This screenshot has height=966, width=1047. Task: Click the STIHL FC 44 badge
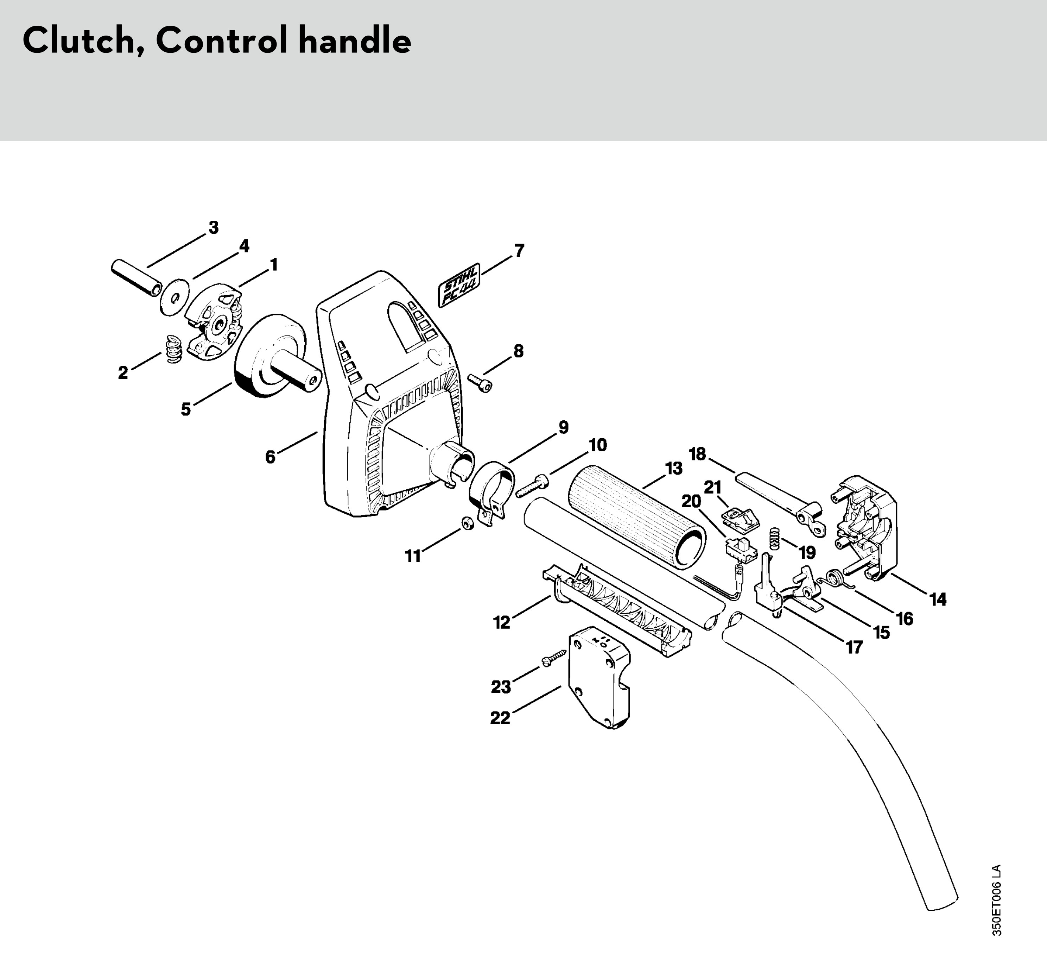tap(459, 287)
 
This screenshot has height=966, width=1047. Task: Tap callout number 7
tap(519, 251)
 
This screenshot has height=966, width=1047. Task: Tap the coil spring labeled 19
tap(776, 539)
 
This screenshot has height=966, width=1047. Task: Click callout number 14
tap(938, 600)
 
